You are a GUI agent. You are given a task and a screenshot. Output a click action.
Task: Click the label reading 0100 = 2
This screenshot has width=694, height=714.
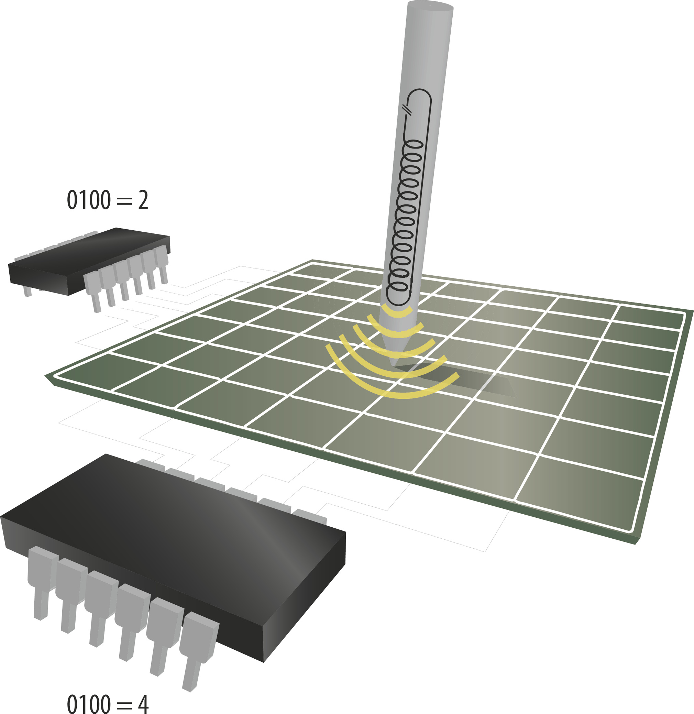coord(108,200)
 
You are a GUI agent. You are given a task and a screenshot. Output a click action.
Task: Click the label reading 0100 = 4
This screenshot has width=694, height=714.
coord(108,703)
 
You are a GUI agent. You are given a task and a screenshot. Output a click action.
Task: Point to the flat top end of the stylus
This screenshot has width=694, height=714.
coord(430,6)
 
